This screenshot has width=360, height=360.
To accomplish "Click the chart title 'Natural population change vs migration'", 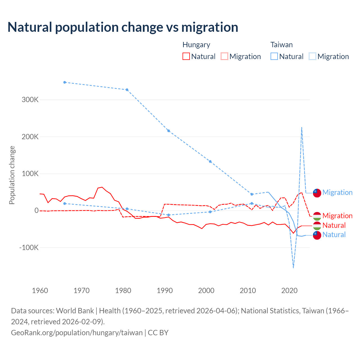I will tap(123, 27).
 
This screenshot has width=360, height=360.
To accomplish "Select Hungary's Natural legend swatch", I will tap(186, 56).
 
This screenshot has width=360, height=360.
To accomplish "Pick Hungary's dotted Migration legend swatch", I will tap(224, 56).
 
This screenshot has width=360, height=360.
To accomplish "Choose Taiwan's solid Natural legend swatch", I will tap(274, 56).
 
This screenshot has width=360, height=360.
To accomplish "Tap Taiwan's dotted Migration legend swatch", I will tap(312, 56).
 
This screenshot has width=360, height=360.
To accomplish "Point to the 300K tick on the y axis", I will tap(30, 100).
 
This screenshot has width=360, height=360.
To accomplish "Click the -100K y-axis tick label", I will tap(29, 247).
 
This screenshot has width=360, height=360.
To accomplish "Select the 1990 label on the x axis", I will tap(165, 291).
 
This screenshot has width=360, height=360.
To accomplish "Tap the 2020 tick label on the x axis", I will tap(289, 291).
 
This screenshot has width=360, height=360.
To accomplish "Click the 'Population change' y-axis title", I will tap(12, 175).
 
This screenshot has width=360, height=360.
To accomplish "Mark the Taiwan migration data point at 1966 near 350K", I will tap(65, 82).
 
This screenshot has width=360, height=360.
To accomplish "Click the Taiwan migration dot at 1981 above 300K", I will tap(127, 90).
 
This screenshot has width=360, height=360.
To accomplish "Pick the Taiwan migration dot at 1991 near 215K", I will tap(168, 131).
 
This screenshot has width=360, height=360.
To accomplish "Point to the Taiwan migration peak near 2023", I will tap(301, 128).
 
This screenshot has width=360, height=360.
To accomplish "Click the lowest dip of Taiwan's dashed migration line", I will tap(293, 267).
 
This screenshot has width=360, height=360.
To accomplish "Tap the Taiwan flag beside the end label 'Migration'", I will tap(317, 193).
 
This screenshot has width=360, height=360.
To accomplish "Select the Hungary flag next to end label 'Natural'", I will tap(317, 226).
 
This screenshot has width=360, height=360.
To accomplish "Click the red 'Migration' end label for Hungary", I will tap(337, 216).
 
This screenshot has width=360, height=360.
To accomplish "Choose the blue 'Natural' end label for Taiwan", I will tap(334, 235).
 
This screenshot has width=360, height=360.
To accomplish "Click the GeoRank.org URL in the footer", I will tap(77, 332).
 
